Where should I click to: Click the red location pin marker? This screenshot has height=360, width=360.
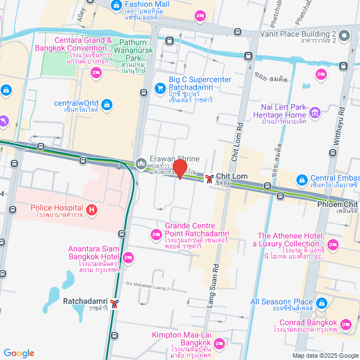pyautogui.click(x=179, y=169)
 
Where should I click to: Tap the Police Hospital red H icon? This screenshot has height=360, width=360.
pyautogui.click(x=92, y=211)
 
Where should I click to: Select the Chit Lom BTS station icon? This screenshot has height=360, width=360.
pyautogui.click(x=209, y=179)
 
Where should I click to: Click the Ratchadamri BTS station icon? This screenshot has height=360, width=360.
pyautogui.click(x=115, y=304)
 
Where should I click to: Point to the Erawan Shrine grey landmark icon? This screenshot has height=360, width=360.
pyautogui.click(x=141, y=164)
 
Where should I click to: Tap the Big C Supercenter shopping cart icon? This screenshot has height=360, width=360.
pyautogui.click(x=160, y=88)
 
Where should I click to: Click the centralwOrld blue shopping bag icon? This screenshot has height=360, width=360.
pyautogui.click(x=107, y=104)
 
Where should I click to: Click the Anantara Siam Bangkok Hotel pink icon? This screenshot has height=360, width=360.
pyautogui.click(x=128, y=258)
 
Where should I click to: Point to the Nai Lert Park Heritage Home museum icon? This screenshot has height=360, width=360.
pyautogui.click(x=315, y=115)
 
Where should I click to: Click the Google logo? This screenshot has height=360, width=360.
pyautogui.click(x=19, y=353)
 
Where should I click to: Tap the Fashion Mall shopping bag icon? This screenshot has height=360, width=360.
pyautogui.click(x=115, y=5)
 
